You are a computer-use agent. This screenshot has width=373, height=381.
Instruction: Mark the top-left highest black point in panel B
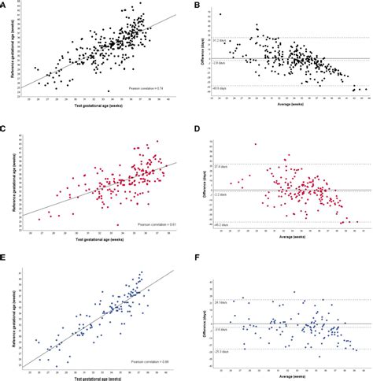(x=220, y=15)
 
